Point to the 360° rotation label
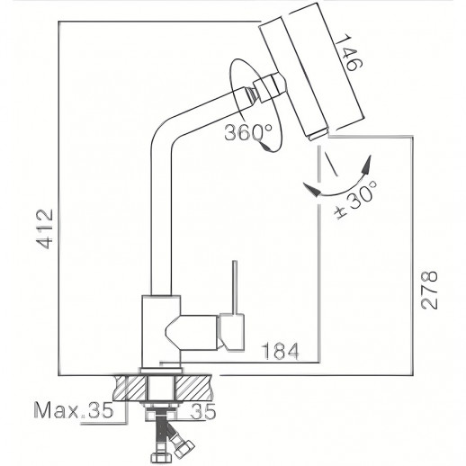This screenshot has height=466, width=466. tap(249, 132)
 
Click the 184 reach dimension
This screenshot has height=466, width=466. tap(276, 349)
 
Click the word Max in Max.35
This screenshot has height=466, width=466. tap(57, 412)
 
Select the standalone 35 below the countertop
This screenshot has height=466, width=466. tap(229, 412)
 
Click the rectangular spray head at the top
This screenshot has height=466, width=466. tap(312, 74)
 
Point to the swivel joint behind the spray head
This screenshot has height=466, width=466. tap(266, 88)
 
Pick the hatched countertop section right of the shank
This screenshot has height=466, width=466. tap(197, 387)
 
